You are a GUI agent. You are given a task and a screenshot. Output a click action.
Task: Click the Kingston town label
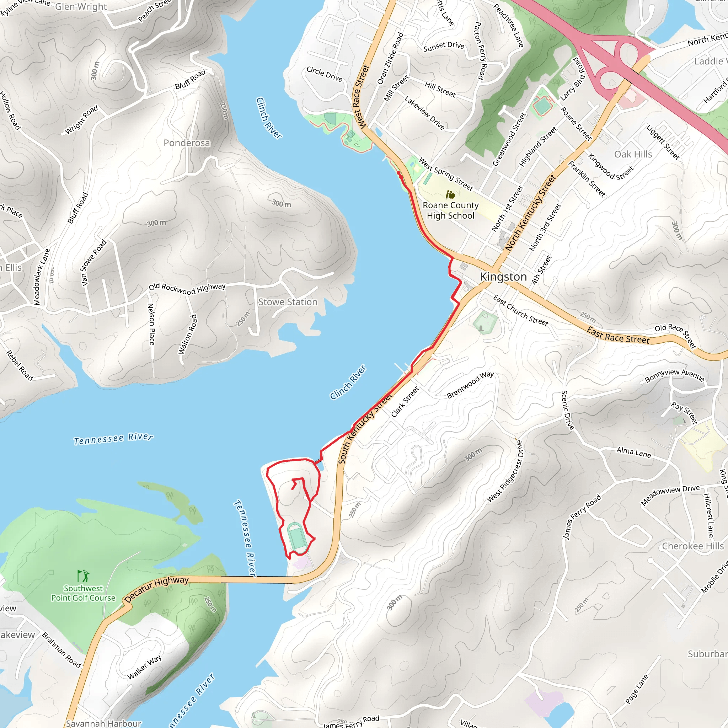503,277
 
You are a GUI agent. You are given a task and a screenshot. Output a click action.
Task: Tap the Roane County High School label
450,210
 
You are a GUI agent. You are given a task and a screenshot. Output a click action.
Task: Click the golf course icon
83,576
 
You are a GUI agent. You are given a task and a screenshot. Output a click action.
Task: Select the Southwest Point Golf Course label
83,593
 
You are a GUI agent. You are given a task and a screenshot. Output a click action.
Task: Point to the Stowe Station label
288,302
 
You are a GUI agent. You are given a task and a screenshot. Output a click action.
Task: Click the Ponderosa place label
187,143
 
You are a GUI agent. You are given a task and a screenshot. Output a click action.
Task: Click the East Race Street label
618,335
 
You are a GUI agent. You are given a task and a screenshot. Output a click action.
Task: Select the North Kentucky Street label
530,213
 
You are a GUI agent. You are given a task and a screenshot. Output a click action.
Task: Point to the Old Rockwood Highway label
187,288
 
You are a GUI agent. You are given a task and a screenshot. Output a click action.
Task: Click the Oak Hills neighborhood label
633,154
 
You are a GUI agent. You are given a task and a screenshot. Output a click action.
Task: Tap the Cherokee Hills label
692,546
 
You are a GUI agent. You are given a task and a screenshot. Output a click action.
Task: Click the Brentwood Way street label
470,385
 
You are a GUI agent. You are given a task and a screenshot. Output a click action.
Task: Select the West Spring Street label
446,174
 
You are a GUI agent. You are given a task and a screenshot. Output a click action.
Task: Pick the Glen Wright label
81,7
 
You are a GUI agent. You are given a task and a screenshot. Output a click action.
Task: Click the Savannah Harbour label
104,723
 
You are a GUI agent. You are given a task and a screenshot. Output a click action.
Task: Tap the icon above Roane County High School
450,194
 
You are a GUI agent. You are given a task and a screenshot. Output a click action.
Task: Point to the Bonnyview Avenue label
674,375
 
